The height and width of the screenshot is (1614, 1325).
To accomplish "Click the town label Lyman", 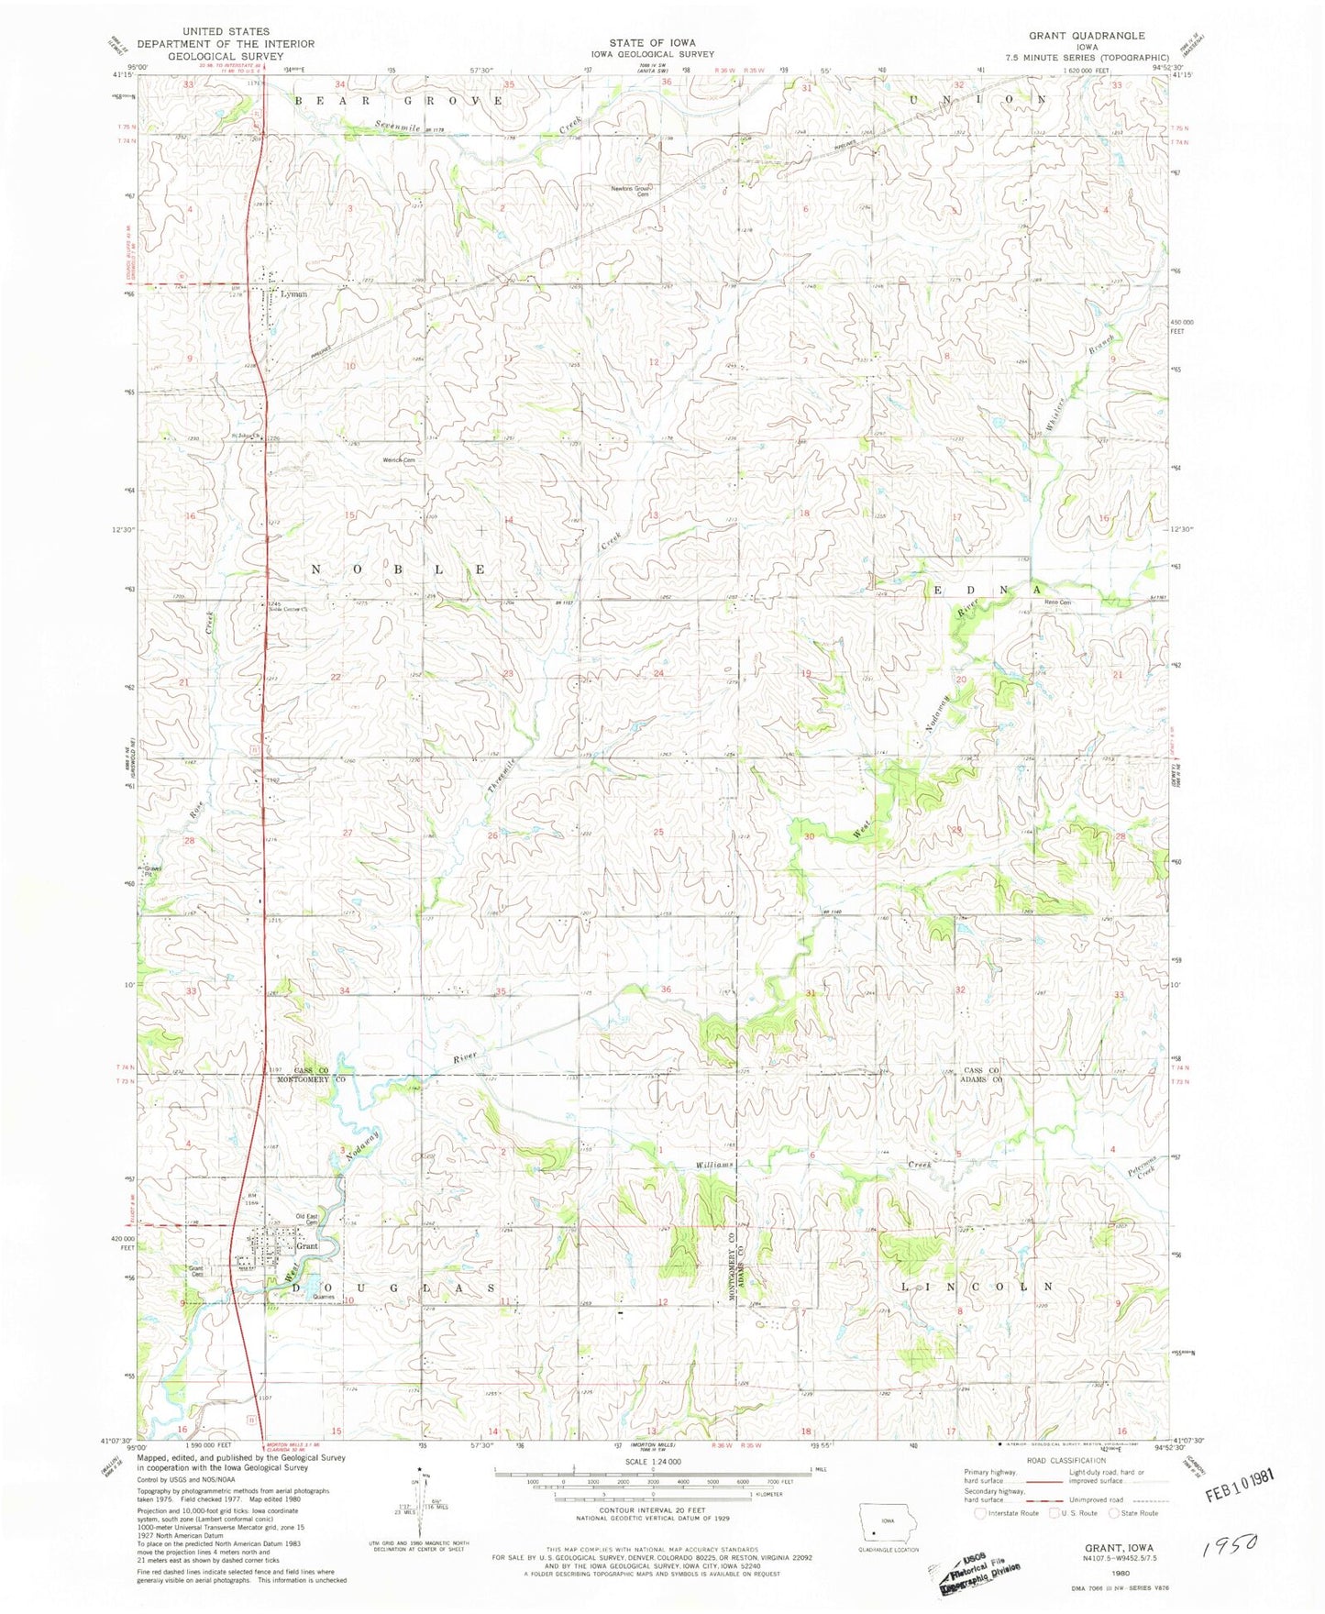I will [293, 294].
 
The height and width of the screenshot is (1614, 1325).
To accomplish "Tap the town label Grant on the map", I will [306, 1246].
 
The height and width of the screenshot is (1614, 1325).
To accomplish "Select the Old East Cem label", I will [305, 1219].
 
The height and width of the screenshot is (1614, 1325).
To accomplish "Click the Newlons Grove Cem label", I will [631, 191].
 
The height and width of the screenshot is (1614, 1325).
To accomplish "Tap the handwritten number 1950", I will [1229, 1547].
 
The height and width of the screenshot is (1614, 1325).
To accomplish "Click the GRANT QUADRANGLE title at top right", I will [1087, 36].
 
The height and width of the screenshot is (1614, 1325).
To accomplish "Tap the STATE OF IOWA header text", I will [652, 43].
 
